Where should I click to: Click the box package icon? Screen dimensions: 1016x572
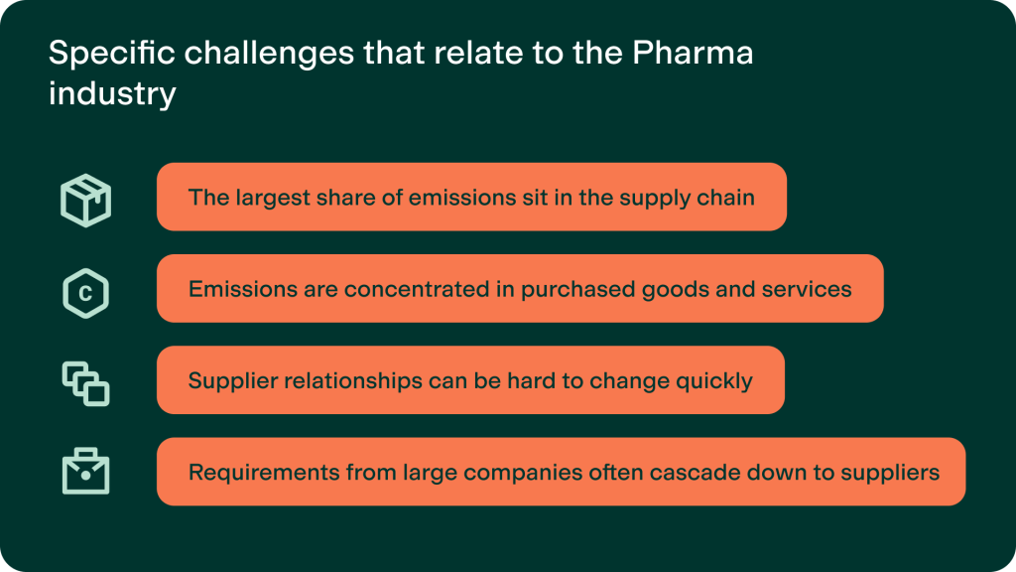click(85, 200)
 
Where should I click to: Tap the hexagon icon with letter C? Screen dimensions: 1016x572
click(85, 293)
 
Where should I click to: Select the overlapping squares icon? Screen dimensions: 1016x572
click(85, 384)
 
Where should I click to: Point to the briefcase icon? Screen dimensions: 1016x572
click(85, 471)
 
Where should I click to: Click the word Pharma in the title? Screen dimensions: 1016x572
click(693, 53)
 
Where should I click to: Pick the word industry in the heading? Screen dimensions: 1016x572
click(112, 93)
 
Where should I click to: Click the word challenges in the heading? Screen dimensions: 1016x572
click(269, 54)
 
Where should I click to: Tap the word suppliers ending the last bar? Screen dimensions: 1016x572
click(890, 473)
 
